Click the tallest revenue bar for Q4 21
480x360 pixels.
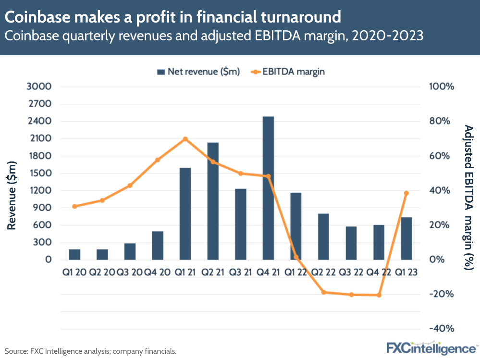268,188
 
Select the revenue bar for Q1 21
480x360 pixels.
185,214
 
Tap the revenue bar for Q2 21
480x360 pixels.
213,201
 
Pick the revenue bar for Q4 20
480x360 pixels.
158,246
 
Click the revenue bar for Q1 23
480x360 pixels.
406,238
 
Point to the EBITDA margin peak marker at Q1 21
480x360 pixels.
185,139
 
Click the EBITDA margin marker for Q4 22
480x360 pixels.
379,295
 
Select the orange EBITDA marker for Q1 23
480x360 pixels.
406,193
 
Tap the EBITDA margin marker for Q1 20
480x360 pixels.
74,206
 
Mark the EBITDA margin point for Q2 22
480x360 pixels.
324,292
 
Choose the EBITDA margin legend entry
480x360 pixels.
288,72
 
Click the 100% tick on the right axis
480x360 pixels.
441,87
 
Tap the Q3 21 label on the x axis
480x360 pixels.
240,273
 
